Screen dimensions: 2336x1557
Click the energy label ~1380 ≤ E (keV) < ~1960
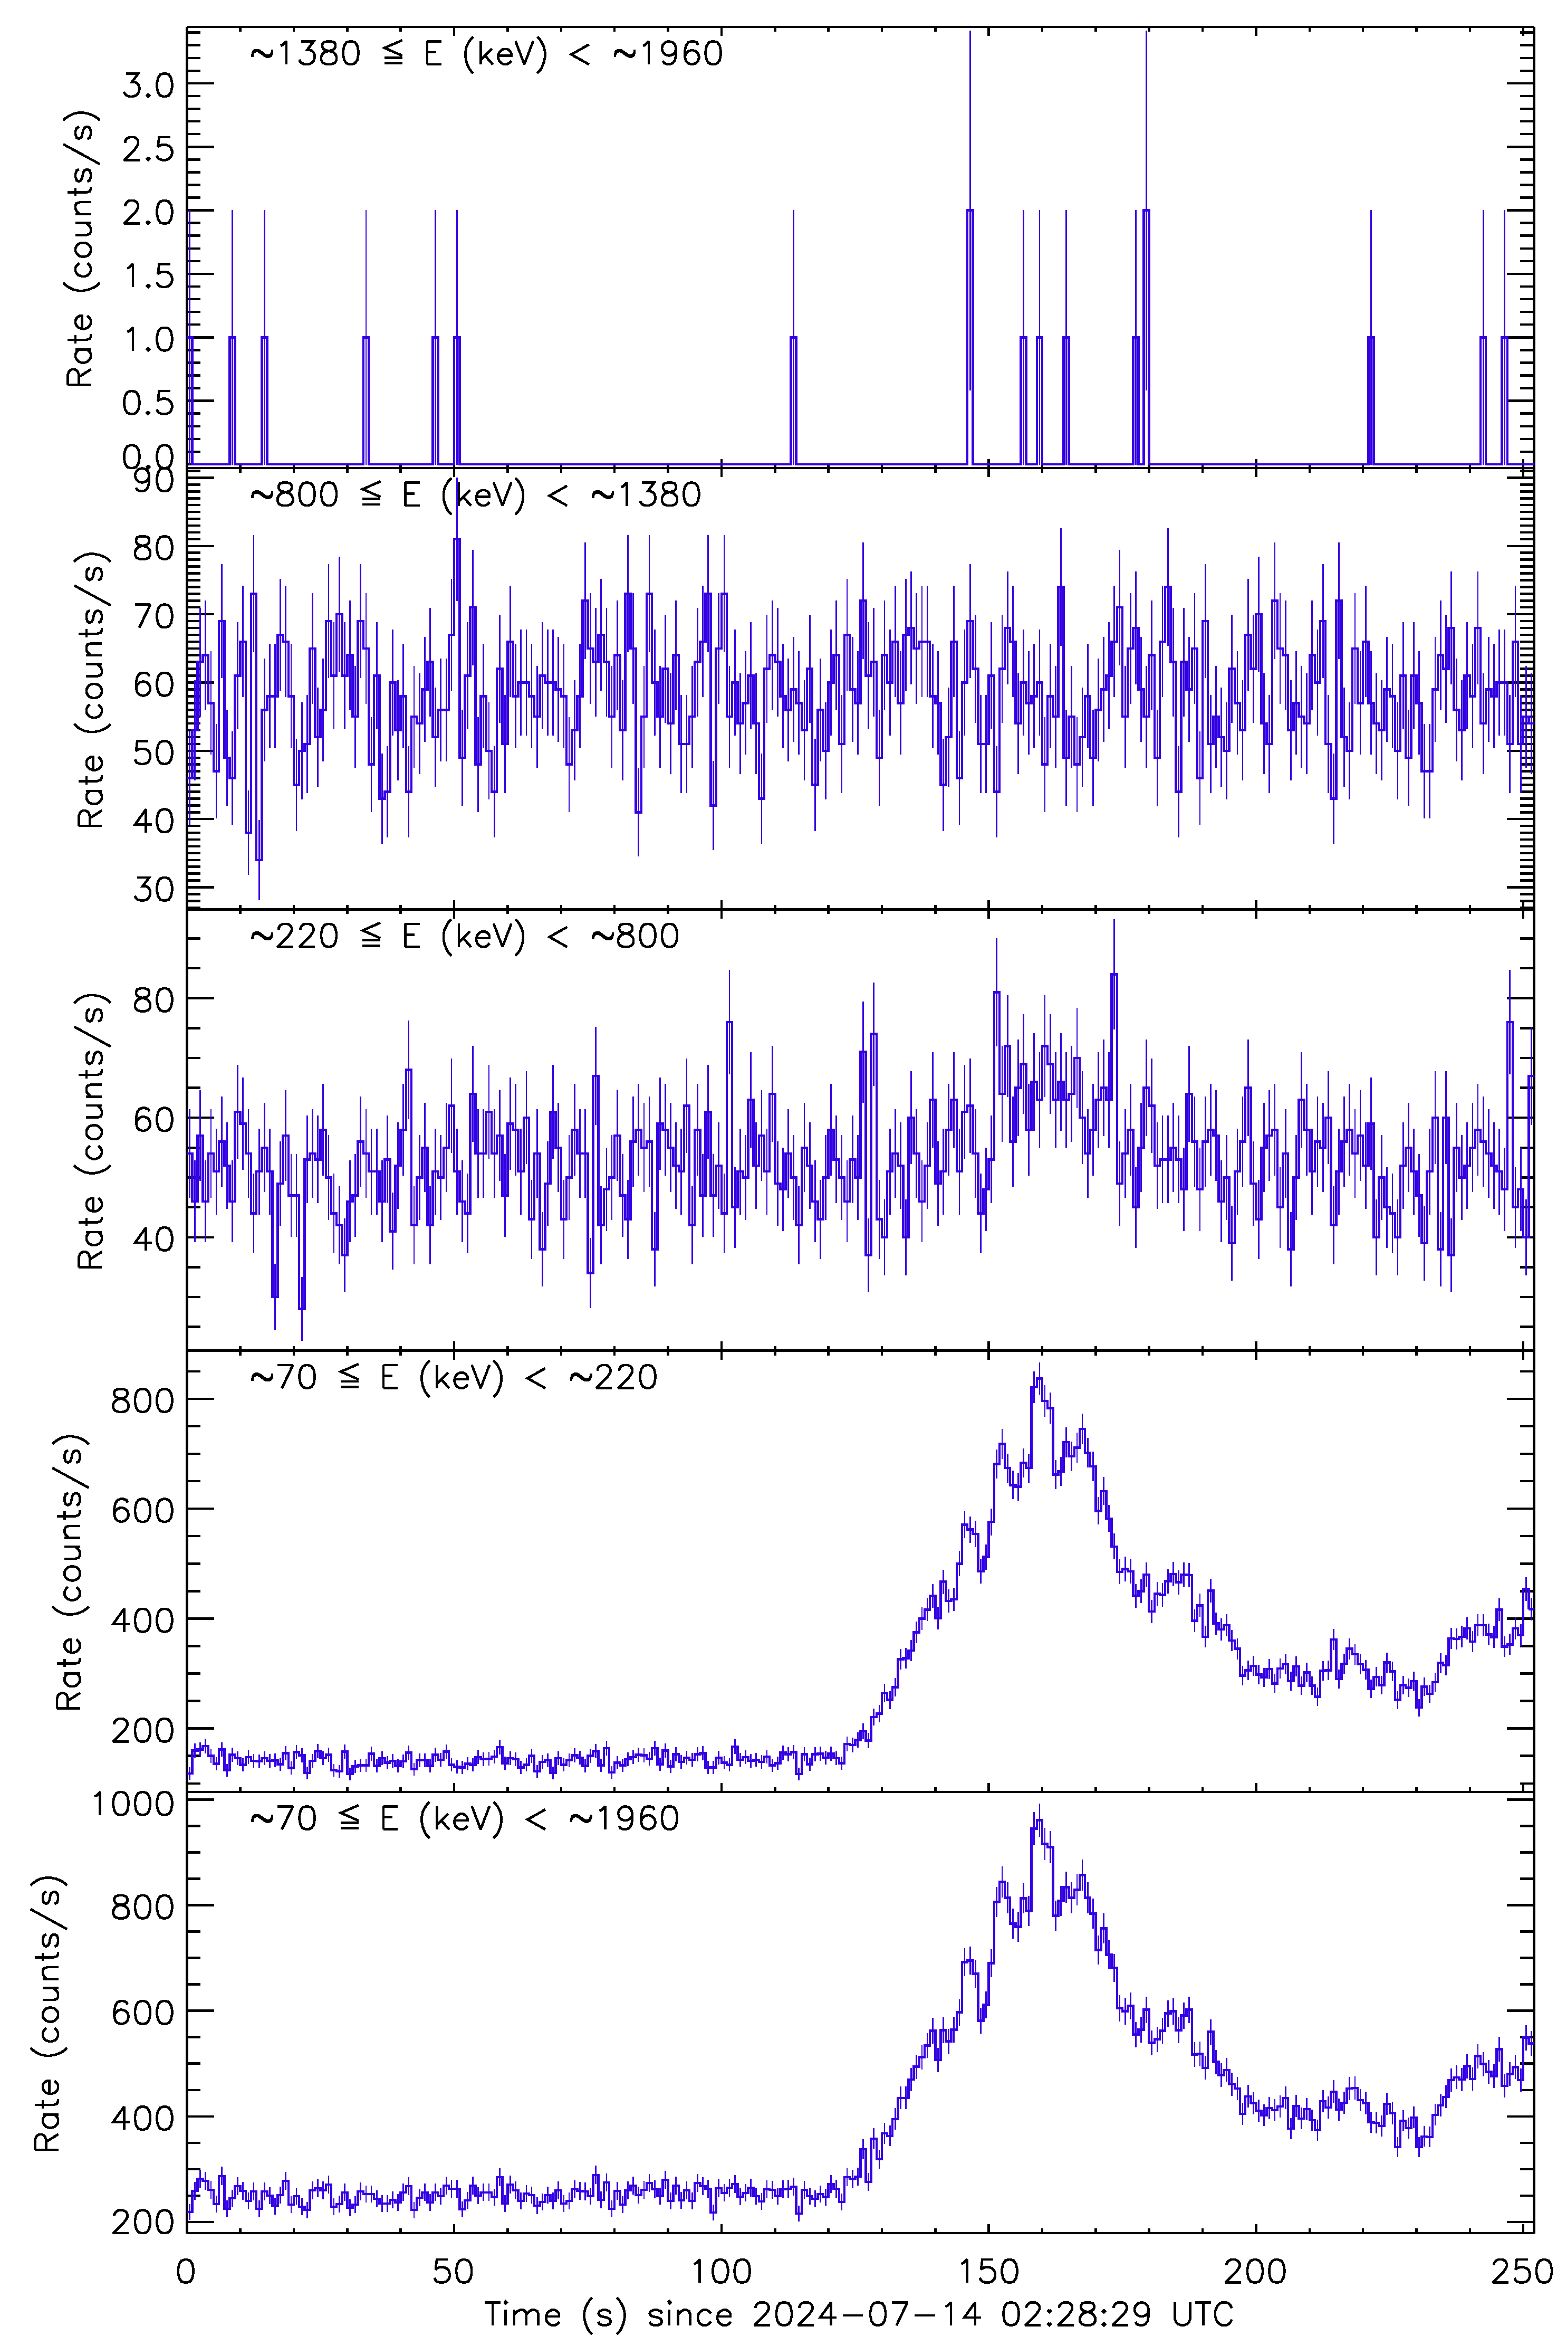[x=486, y=54]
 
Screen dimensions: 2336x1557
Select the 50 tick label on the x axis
[x=454, y=2271]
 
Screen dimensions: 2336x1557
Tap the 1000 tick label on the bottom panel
[x=132, y=1803]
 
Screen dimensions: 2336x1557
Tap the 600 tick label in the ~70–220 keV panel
[x=142, y=1510]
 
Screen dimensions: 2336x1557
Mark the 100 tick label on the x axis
[x=721, y=2271]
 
